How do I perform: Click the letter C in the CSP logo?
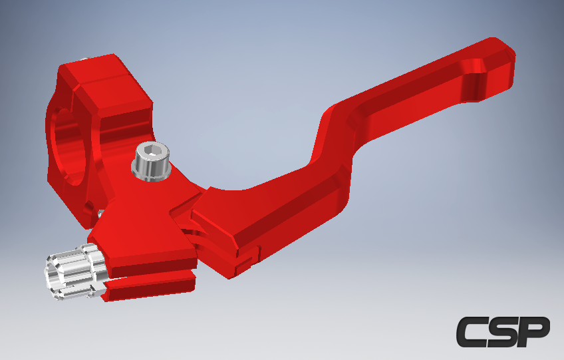pos(470,331)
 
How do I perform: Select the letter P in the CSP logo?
pos(533,331)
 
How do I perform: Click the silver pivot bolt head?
pos(152,161)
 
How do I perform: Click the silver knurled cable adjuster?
pos(76,271)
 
